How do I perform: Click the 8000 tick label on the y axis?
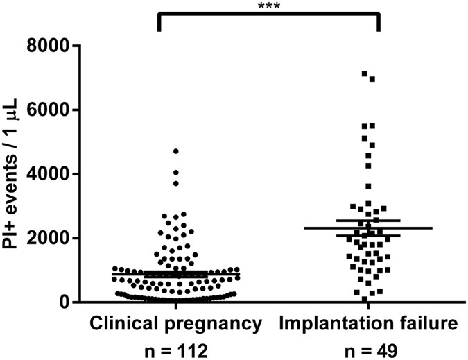pos(51,46)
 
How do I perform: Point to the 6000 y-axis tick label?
pos(51,110)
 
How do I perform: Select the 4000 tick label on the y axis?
pos(51,174)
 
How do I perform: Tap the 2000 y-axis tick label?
pos(51,239)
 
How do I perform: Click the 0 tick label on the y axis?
pos(66,302)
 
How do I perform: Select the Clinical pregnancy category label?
pos(175,323)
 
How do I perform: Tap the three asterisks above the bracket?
pos(268,6)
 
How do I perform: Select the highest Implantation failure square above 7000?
pos(364,74)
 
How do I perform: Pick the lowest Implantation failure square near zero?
pos(364,299)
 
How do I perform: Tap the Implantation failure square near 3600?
pos(368,186)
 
